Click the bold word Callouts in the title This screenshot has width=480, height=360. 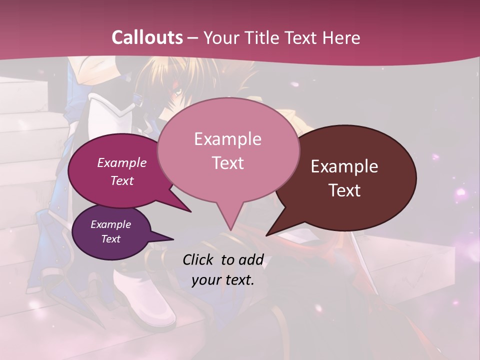(x=147, y=37)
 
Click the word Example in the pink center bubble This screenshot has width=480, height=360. (x=227, y=138)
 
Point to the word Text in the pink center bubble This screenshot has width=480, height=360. (x=227, y=162)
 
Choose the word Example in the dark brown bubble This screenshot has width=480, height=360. (x=344, y=166)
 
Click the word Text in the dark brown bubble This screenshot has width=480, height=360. (x=344, y=190)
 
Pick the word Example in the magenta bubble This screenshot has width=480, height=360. (x=122, y=162)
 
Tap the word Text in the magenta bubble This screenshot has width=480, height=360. (x=122, y=180)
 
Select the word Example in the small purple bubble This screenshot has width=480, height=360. (x=111, y=224)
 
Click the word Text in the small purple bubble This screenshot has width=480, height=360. (x=111, y=239)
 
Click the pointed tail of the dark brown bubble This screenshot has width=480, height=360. (x=272, y=230)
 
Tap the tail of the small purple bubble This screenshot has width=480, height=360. (x=165, y=238)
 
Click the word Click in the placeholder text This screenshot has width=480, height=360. (x=199, y=259)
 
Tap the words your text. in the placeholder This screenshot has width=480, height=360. (x=223, y=280)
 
